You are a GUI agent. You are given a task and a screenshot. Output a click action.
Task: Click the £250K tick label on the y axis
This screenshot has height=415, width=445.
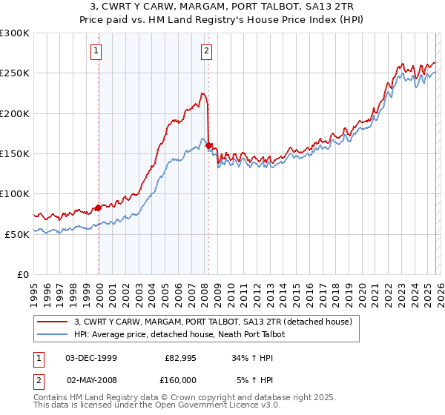click(15, 73)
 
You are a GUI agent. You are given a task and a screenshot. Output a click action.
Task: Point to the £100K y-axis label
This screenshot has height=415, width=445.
click(15, 193)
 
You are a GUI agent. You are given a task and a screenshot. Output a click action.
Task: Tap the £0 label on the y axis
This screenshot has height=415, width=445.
click(22, 274)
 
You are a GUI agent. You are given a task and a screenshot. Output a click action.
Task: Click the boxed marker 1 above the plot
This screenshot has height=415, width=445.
click(97, 51)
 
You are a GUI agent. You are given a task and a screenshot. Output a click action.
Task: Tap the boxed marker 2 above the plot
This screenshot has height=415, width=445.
click(206, 51)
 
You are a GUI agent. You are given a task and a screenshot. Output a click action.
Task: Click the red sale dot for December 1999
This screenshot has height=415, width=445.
click(98, 208)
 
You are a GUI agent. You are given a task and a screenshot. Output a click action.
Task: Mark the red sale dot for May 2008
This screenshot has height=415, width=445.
click(209, 146)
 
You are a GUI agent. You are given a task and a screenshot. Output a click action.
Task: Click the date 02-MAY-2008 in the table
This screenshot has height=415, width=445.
click(91, 379)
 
